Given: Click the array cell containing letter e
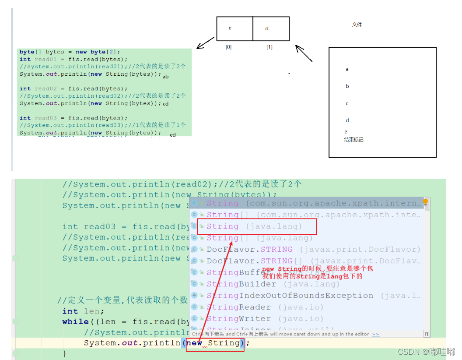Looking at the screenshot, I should pyautogui.click(x=234, y=28).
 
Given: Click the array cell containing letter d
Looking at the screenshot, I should pyautogui.click(x=271, y=28).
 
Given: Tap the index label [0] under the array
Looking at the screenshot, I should pyautogui.click(x=228, y=47).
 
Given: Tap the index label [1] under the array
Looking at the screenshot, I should pyautogui.click(x=269, y=47).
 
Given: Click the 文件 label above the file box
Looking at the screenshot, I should pyautogui.click(x=357, y=25).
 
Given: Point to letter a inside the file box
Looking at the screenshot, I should pyautogui.click(x=347, y=69).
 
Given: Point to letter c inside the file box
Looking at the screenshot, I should pyautogui.click(x=347, y=104).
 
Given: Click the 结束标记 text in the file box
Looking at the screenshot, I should pyautogui.click(x=353, y=140).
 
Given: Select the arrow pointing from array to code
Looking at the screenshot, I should pyautogui.click(x=205, y=43).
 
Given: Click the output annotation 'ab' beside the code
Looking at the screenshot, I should pyautogui.click(x=165, y=77).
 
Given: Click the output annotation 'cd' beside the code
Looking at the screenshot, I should pyautogui.click(x=165, y=104).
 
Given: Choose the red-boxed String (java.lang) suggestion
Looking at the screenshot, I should pyautogui.click(x=254, y=226).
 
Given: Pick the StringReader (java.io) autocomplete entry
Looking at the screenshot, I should pyautogui.click(x=265, y=307).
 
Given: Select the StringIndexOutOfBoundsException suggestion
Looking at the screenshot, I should pyautogui.click(x=290, y=296).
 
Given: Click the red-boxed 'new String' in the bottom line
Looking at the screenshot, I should pyautogui.click(x=214, y=343).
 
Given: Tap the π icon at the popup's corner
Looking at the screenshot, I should pyautogui.click(x=427, y=334).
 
